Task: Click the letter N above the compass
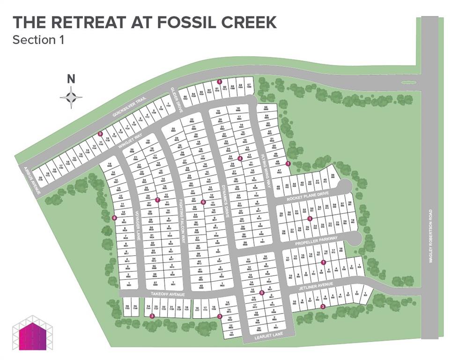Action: point(71,79)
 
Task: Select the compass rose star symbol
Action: point(71,97)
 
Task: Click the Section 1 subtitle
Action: point(38,40)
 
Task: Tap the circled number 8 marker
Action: point(114,217)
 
